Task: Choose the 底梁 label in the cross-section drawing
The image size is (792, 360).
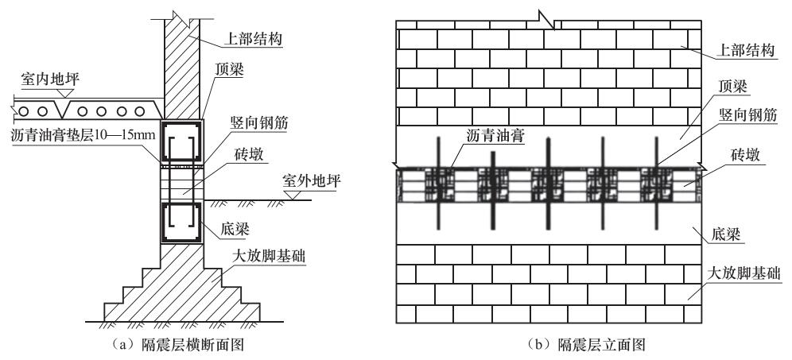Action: click(x=235, y=229)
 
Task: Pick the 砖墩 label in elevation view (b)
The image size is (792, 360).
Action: click(x=744, y=156)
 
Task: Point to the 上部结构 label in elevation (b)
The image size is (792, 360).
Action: click(x=746, y=51)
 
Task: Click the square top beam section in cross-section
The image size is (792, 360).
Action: click(x=182, y=141)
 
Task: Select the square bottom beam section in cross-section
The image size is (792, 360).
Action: click(x=182, y=223)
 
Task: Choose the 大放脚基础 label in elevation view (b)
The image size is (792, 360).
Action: click(x=744, y=275)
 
